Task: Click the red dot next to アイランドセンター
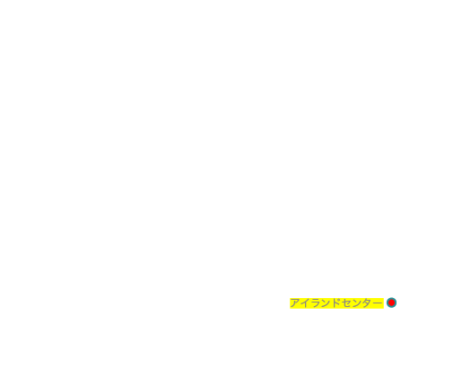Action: tap(391, 303)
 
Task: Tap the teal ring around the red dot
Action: tap(388, 303)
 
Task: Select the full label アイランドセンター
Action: tap(336, 303)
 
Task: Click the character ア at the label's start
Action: tap(295, 303)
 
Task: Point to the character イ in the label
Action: tap(305, 303)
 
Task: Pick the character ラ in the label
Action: tap(316, 303)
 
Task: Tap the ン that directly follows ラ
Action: tap(327, 303)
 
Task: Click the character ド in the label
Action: tap(336, 303)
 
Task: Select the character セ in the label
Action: tap(346, 303)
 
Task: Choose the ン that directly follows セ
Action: tap(357, 303)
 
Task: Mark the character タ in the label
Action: tap(367, 303)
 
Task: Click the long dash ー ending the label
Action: tap(378, 303)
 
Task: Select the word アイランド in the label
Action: tap(316, 303)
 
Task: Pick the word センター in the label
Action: tap(362, 303)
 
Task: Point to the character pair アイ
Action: tap(301, 303)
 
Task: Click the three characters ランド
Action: tap(326, 303)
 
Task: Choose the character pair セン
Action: tap(352, 303)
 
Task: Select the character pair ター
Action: tap(372, 303)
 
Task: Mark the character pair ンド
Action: tap(331, 303)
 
